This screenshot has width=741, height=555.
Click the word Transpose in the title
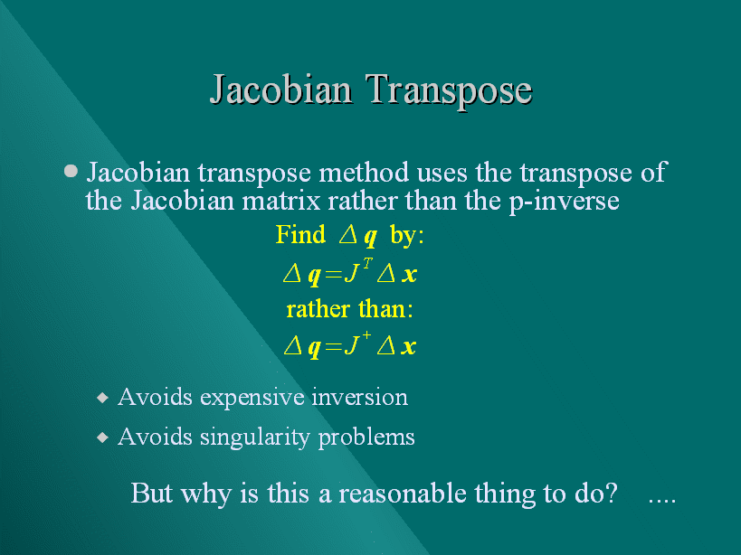point(449,91)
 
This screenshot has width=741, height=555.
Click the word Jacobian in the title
point(281,89)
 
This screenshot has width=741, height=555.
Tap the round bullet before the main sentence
point(71,171)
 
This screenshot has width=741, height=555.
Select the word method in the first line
point(364,173)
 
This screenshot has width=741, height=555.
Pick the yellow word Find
point(300,234)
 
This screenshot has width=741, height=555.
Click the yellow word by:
point(407,235)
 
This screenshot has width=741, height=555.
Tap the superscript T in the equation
point(367,263)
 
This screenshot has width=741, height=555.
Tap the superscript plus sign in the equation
point(366,335)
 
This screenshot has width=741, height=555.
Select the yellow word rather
point(318,310)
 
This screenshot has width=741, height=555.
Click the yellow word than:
point(385,309)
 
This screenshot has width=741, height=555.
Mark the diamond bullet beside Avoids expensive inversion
point(102,398)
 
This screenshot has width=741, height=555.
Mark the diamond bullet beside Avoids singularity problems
point(102,437)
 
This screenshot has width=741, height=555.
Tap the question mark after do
point(611,493)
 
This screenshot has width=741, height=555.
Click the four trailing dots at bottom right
point(662,501)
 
